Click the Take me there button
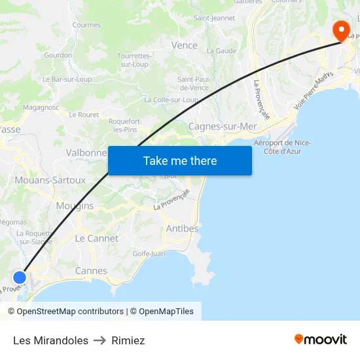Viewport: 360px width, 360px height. (180, 160)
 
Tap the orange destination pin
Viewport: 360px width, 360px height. (341, 29)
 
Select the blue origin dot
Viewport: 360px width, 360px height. (20, 277)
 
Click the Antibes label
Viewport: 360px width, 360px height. (182, 228)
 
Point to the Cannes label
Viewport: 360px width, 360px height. (91, 271)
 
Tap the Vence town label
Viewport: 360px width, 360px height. (184, 45)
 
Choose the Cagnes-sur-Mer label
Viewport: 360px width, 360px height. (223, 126)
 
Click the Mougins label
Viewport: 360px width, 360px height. (75, 206)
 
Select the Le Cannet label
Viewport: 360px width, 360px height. (97, 238)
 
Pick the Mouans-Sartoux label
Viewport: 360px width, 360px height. (50, 180)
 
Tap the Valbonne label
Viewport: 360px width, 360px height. (86, 153)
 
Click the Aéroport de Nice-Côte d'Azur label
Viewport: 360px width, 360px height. (282, 147)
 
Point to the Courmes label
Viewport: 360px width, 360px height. (86, 25)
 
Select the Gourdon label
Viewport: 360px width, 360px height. (58, 55)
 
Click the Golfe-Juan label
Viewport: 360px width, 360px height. (149, 253)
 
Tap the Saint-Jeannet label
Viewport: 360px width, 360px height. (214, 18)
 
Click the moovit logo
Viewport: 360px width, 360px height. (321, 340)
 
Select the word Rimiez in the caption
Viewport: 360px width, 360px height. (128, 340)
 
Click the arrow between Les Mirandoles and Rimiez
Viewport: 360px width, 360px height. (100, 340)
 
